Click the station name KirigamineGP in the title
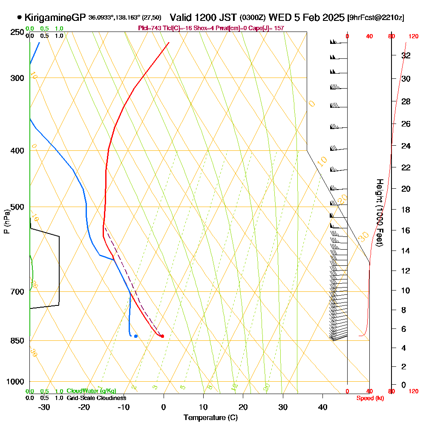click(x=55, y=17)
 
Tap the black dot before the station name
click(x=20, y=17)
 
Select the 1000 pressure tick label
click(x=15, y=382)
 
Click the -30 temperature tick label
click(x=44, y=407)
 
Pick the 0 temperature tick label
click(x=164, y=407)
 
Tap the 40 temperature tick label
click(x=323, y=407)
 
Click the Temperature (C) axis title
click(x=210, y=417)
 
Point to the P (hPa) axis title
click(x=6, y=222)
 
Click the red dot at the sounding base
click(x=162, y=336)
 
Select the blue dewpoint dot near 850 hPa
click(x=136, y=336)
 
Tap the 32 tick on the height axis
click(x=406, y=55)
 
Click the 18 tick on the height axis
click(x=406, y=210)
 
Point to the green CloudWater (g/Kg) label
click(x=91, y=391)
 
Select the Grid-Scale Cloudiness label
click(x=96, y=398)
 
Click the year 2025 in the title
click(x=332, y=17)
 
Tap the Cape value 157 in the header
click(x=279, y=28)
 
